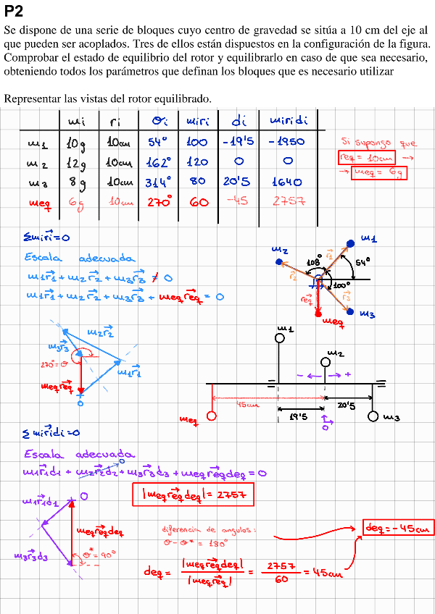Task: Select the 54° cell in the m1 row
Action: coord(157,142)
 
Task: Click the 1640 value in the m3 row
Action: coord(286,182)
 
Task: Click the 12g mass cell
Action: coord(76,162)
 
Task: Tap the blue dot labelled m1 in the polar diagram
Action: coord(350,243)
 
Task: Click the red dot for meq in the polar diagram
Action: coord(318,314)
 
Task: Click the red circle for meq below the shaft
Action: coord(211,416)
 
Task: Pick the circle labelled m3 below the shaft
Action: coord(373,416)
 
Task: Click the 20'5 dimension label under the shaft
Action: coord(347,406)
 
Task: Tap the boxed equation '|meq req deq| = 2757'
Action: coord(192,495)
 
